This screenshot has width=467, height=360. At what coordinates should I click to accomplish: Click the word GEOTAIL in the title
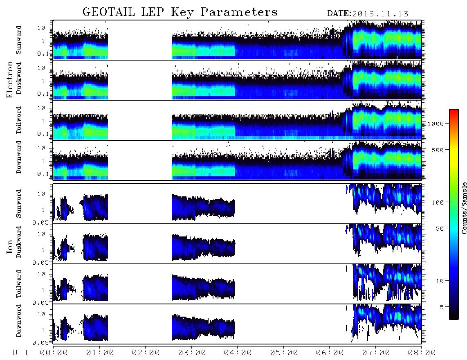(x=109, y=12)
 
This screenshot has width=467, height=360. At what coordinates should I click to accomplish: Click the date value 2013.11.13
(x=380, y=14)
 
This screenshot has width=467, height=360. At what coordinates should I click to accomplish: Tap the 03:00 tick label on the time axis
(x=192, y=353)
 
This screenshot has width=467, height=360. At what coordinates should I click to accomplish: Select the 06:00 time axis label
(x=330, y=353)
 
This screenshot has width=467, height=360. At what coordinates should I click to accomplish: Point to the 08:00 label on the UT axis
(x=422, y=353)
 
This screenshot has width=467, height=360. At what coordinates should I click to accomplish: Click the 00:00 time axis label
(x=54, y=353)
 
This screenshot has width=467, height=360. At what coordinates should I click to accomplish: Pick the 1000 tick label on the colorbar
(x=436, y=124)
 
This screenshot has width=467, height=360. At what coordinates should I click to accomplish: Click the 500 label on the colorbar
(x=438, y=150)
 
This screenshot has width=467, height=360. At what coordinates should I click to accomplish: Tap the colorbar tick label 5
(x=442, y=307)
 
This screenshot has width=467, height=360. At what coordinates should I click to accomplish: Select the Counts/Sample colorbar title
(x=464, y=208)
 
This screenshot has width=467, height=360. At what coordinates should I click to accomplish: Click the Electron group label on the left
(x=9, y=79)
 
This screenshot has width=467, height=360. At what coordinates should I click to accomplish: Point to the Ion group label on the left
(x=9, y=247)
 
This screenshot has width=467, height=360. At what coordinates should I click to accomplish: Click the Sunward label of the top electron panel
(x=19, y=40)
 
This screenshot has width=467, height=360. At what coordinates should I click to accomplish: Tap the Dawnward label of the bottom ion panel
(x=19, y=321)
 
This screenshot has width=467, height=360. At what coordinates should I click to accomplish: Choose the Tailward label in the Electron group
(x=19, y=120)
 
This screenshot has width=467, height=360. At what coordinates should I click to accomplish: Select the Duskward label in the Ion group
(x=19, y=242)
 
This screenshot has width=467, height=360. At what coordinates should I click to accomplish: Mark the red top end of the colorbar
(x=454, y=110)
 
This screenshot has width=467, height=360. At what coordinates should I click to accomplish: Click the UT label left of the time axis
(x=20, y=353)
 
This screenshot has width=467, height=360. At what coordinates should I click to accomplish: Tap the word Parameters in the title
(x=239, y=12)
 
